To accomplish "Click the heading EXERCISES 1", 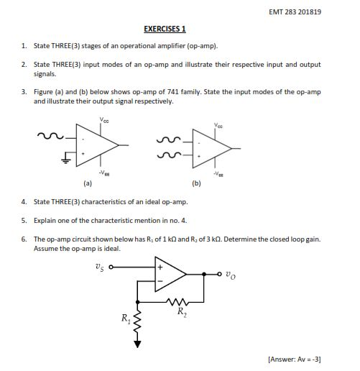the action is coord(165,29).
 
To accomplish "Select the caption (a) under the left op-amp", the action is coord(87,183).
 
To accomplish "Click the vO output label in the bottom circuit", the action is coord(229,273).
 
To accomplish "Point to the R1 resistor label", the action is coord(125,316).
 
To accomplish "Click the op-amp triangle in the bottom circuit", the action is coord(170,274).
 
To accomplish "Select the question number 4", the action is coord(24,202).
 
